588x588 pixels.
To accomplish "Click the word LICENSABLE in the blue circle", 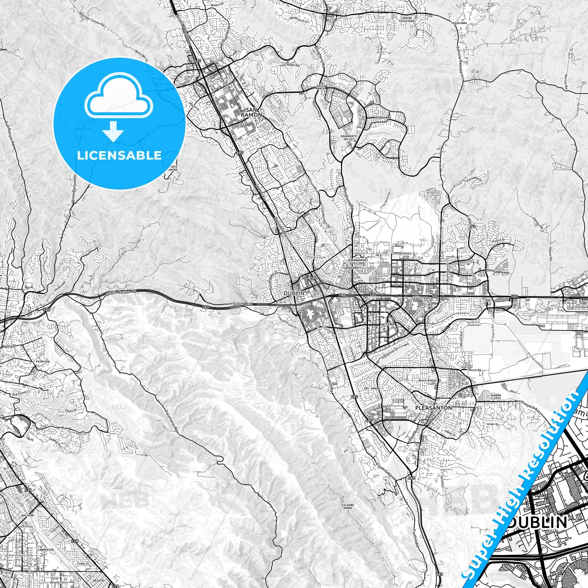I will (x=119, y=155).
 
